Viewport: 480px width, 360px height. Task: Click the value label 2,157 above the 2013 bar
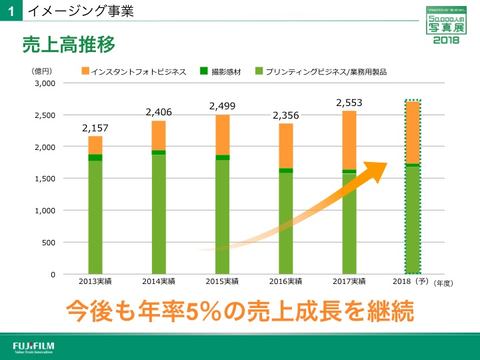click(95, 127)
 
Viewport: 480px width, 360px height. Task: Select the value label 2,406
click(160, 112)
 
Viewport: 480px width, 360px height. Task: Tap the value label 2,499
click(221, 106)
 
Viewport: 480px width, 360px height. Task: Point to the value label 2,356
click(286, 115)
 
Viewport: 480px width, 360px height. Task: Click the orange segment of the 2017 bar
click(348, 139)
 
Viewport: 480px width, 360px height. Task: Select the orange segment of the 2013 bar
click(95, 145)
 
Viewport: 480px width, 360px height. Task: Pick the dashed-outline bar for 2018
click(412, 185)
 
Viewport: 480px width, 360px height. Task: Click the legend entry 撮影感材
click(228, 72)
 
